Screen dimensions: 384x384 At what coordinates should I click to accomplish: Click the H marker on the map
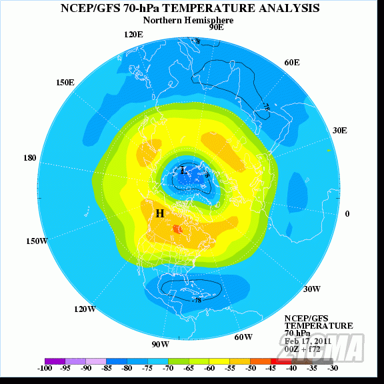click(x=160, y=213)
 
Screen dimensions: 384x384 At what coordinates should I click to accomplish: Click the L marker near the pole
click(x=183, y=171)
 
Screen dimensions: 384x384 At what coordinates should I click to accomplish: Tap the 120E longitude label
click(x=134, y=34)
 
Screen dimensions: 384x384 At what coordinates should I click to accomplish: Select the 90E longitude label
click(x=216, y=27)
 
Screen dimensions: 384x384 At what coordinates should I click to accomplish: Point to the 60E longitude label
click(x=292, y=62)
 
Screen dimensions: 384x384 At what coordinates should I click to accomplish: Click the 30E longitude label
click(x=340, y=130)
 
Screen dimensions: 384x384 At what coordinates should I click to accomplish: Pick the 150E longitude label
click(x=65, y=82)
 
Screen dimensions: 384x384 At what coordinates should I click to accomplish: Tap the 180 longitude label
click(x=30, y=158)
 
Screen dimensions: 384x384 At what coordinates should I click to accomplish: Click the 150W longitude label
click(x=37, y=241)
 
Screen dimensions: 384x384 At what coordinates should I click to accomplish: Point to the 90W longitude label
click(x=160, y=344)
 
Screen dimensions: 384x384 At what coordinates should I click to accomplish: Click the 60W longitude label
click(x=243, y=337)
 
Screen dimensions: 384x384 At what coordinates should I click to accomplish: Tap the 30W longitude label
click(x=312, y=289)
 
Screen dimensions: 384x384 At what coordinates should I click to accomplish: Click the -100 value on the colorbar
click(x=45, y=368)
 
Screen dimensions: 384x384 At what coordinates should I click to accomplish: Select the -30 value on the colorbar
click(x=332, y=368)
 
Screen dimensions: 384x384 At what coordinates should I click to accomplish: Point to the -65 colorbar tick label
click(x=189, y=368)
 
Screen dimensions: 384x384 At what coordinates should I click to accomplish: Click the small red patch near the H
click(x=177, y=229)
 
